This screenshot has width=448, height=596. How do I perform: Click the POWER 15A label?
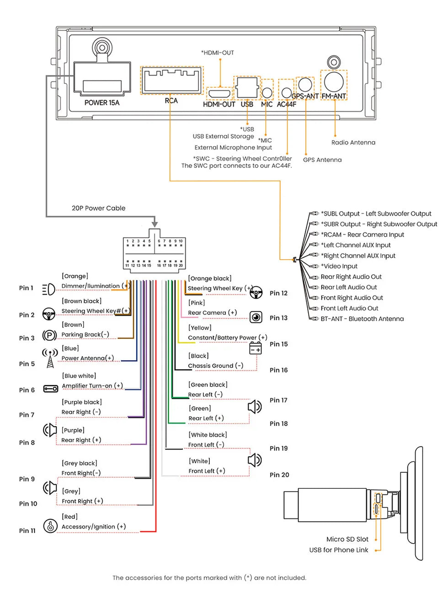pyautogui.click(x=102, y=103)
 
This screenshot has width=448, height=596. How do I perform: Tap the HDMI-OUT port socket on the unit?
pyautogui.click(x=219, y=94)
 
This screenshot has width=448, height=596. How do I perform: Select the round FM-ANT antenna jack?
pyautogui.click(x=334, y=82)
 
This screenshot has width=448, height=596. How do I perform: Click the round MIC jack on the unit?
pyautogui.click(x=267, y=93)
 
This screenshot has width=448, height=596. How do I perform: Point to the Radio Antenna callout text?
pyautogui.click(x=353, y=142)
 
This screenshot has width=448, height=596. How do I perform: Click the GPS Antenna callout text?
pyautogui.click(x=322, y=160)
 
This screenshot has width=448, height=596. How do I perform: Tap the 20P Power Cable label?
pyautogui.click(x=98, y=208)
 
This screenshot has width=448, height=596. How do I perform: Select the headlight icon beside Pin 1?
pyautogui.click(x=49, y=289)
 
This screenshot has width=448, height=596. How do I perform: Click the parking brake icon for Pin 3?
pyautogui.click(x=49, y=335)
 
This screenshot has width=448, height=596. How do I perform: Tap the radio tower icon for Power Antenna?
pyautogui.click(x=50, y=358)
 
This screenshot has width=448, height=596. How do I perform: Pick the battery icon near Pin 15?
pyautogui.click(x=256, y=348)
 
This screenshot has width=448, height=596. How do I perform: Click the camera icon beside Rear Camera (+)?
pyautogui.click(x=256, y=317)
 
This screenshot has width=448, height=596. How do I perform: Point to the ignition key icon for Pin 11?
pyautogui.click(x=50, y=526)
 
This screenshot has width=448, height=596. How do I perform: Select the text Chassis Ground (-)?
pyautogui.click(x=215, y=366)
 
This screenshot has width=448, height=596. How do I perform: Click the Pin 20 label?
pyautogui.click(x=279, y=475)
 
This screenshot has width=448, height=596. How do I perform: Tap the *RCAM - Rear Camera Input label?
pyautogui.click(x=363, y=235)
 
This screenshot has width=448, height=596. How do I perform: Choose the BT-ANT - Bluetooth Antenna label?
pyautogui.click(x=362, y=319)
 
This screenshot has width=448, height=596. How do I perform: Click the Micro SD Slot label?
pyautogui.click(x=347, y=539)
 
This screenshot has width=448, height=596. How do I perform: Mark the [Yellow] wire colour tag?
pyautogui.click(x=200, y=328)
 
